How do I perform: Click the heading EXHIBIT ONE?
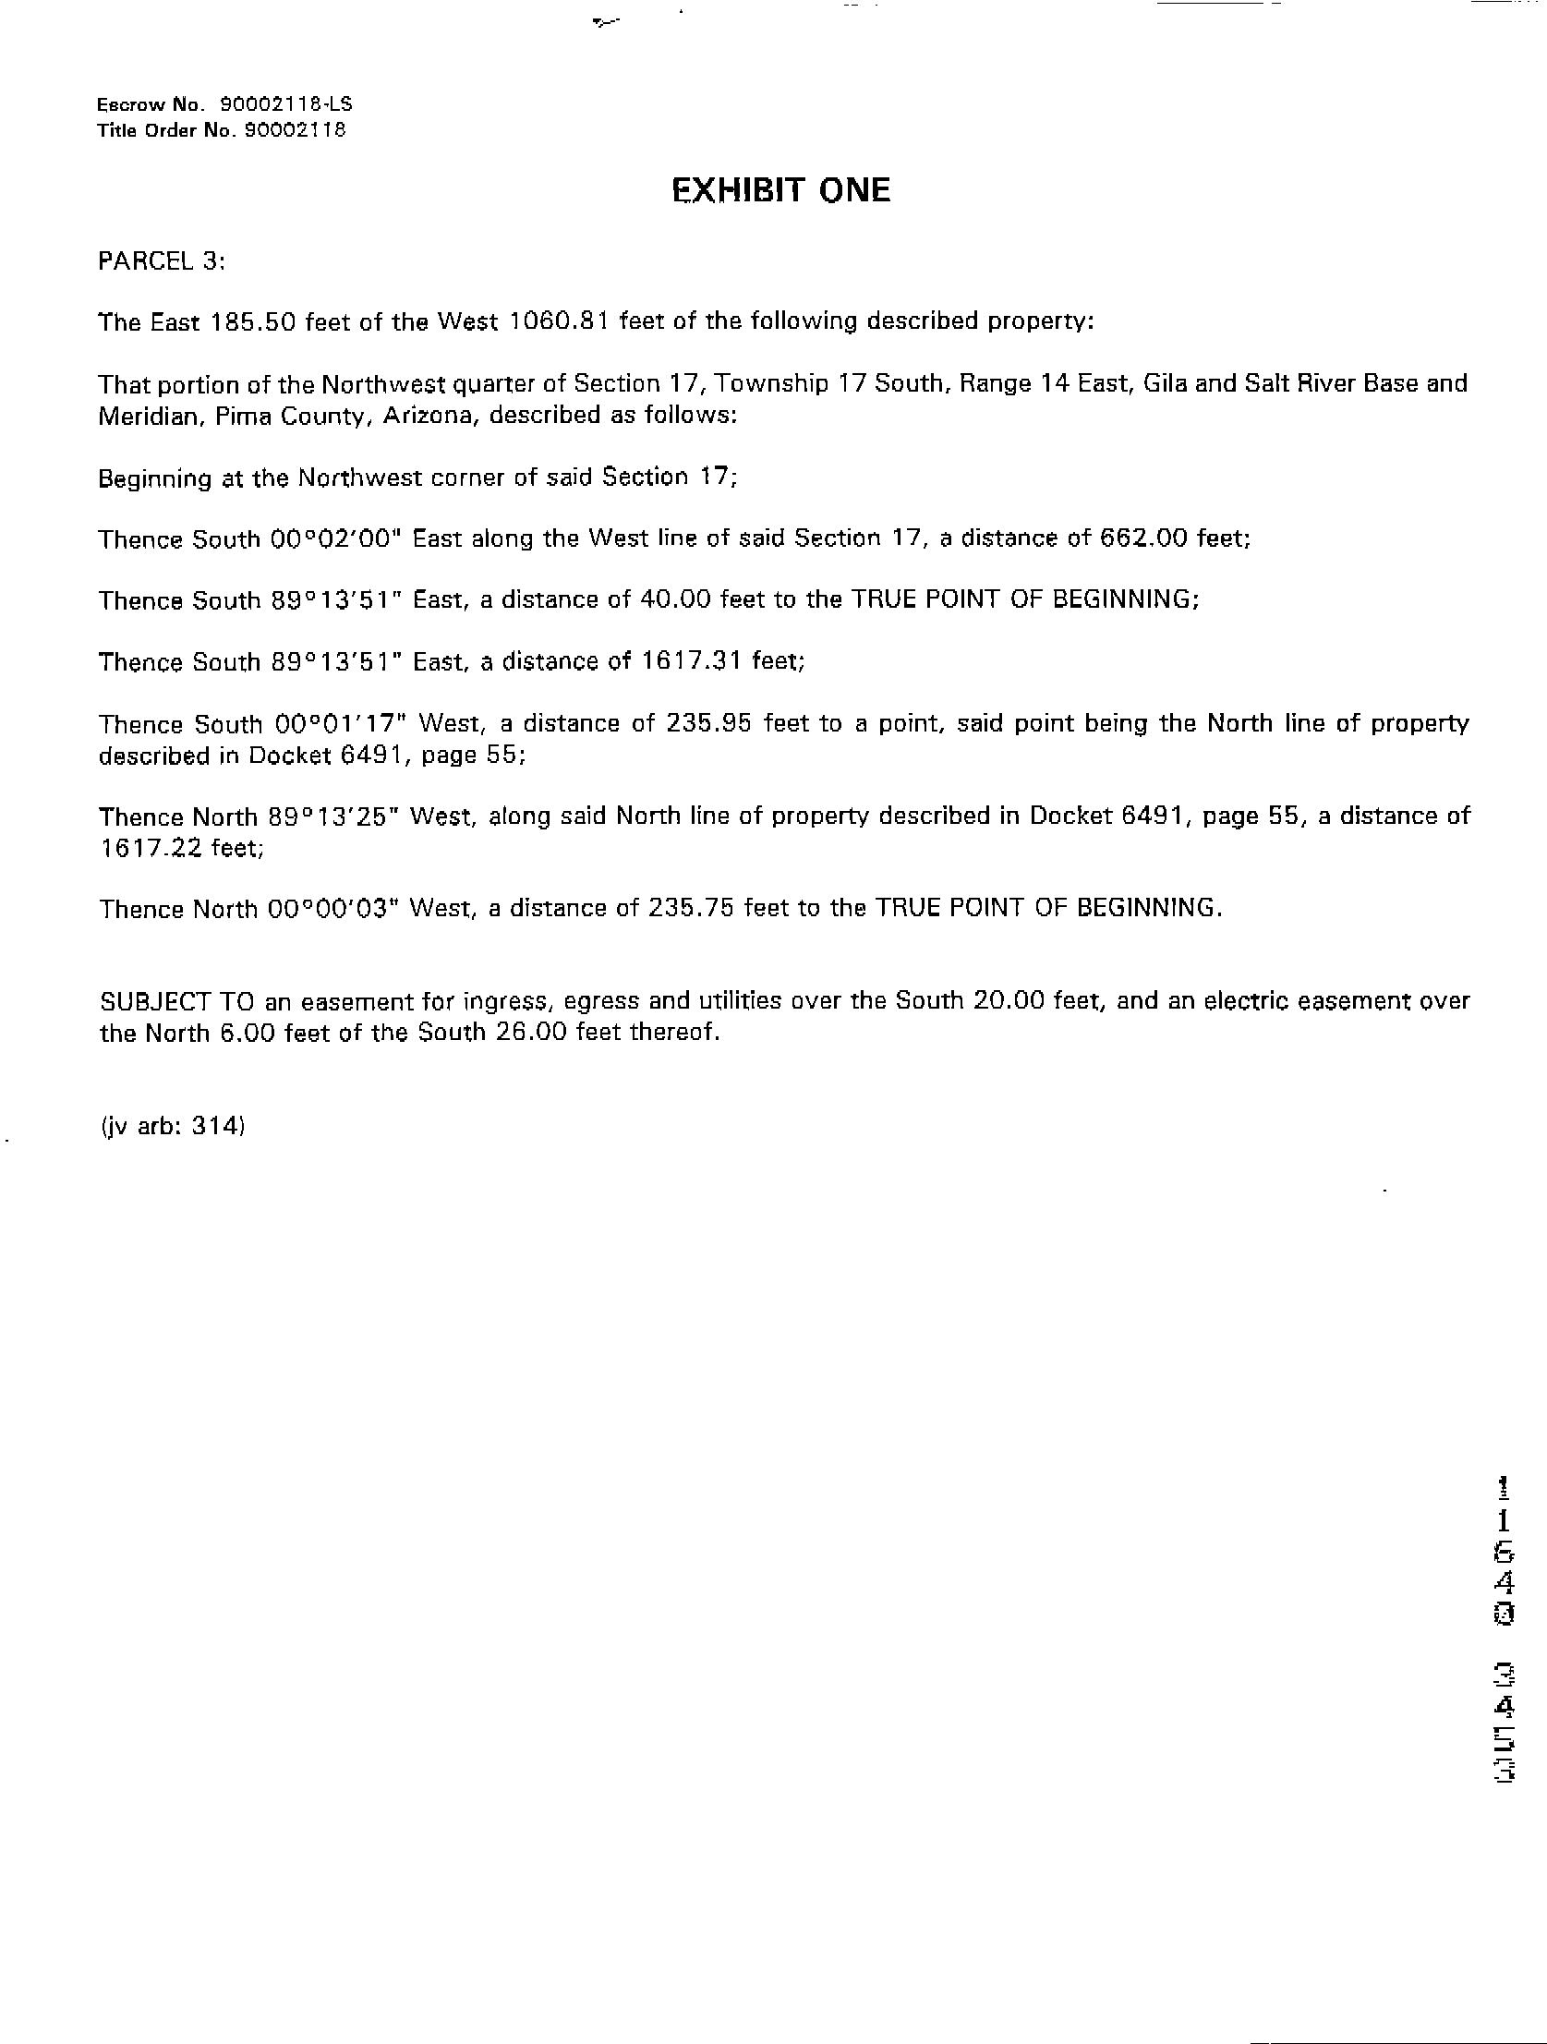coord(781,190)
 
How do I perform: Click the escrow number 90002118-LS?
coord(285,104)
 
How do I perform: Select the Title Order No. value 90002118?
coord(295,130)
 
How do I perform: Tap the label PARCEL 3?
coord(162,261)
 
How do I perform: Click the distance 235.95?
coord(707,723)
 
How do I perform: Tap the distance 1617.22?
coord(151,848)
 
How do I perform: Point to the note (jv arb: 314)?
coord(172,1126)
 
